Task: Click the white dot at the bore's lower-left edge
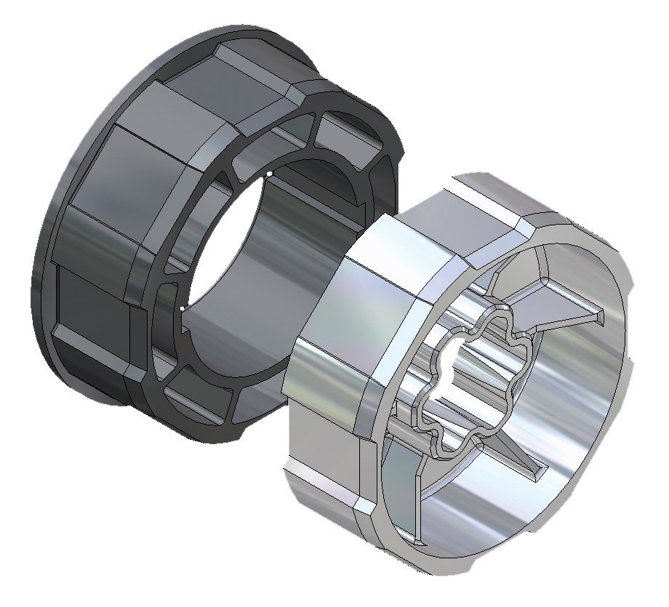coord(181,308)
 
